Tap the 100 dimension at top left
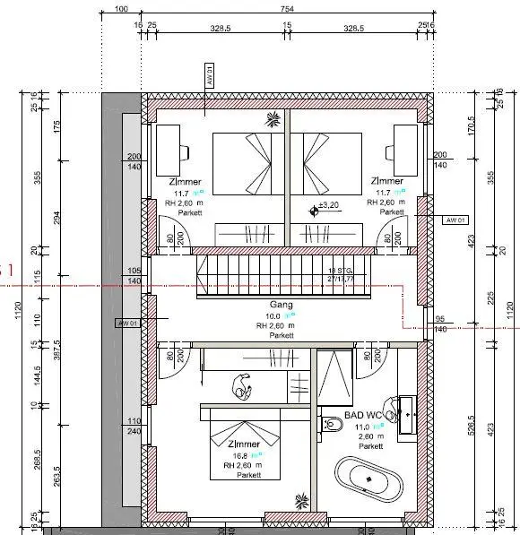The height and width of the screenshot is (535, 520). [122, 10]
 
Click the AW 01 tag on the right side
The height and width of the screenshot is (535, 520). [455, 220]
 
